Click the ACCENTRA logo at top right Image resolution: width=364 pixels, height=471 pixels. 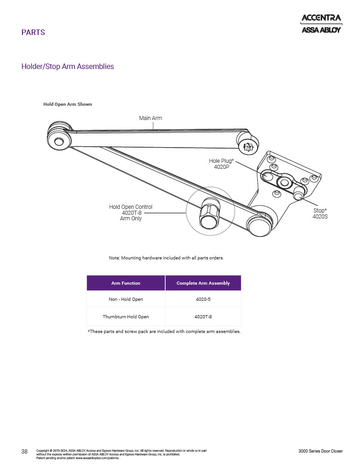(321, 18)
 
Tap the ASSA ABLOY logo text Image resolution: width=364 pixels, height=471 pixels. (321, 30)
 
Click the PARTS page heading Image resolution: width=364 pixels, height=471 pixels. (33, 33)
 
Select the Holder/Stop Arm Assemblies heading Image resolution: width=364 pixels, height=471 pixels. (68, 67)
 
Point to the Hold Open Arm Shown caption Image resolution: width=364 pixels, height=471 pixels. (68, 104)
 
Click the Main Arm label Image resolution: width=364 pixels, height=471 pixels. (150, 118)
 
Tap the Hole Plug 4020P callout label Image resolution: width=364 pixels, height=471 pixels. (221, 164)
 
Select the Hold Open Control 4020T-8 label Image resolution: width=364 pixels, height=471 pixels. (131, 213)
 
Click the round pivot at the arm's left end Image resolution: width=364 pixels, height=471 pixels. (59, 141)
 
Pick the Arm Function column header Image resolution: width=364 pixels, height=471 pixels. (126, 283)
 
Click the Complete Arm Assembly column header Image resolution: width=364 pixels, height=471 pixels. (203, 283)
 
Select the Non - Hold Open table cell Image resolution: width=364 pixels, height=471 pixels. (126, 299)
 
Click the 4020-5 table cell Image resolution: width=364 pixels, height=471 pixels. (203, 299)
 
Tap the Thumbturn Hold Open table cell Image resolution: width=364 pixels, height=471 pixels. (126, 316)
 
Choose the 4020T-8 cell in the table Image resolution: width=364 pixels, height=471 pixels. (203, 316)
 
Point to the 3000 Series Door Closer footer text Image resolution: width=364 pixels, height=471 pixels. (320, 451)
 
